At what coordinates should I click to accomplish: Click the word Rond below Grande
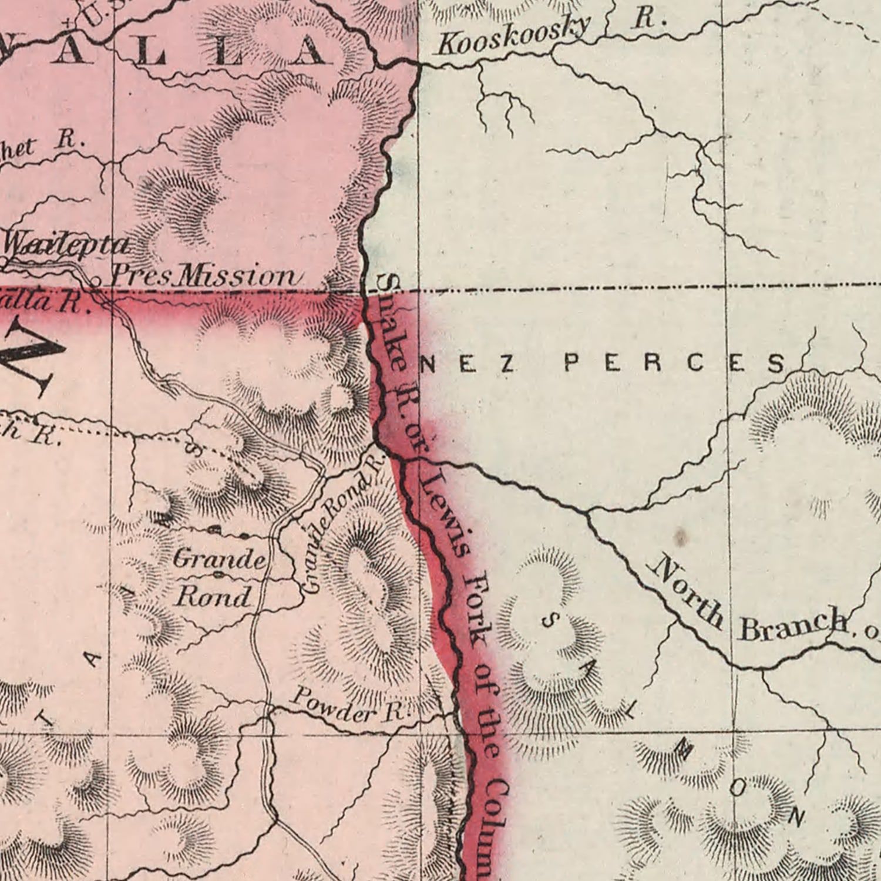214,597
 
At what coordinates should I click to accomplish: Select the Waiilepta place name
66,244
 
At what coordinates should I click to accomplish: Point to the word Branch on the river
793,624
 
